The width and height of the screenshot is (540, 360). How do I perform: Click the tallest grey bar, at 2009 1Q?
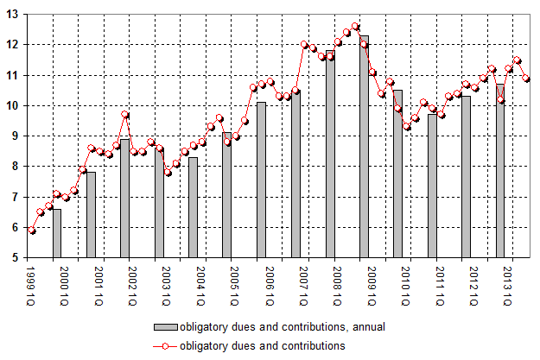click(364, 147)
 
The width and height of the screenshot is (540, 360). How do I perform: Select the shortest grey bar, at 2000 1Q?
click(57, 233)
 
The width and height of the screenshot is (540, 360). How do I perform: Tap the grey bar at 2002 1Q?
click(125, 199)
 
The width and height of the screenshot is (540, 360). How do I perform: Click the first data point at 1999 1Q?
click(32, 231)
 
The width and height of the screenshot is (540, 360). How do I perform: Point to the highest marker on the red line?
click(355, 26)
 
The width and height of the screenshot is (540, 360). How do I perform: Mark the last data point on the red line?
click(526, 79)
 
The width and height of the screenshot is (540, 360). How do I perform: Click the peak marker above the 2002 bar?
click(125, 115)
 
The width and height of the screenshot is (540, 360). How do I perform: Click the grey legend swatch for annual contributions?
click(165, 327)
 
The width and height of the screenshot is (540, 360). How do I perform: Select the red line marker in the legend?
click(165, 345)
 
